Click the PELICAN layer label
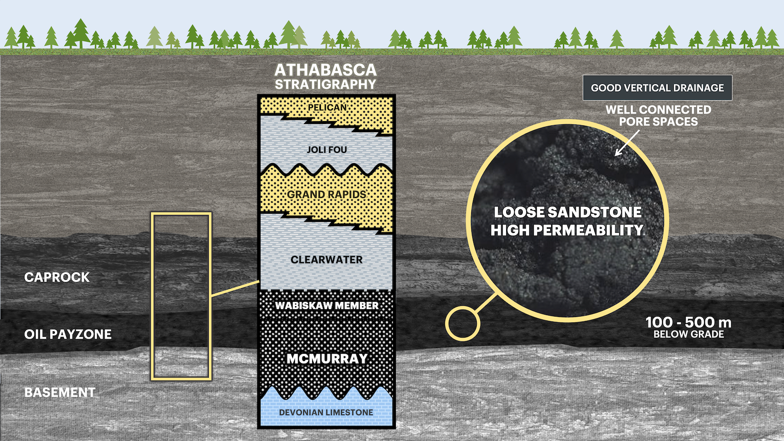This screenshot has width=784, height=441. (x=327, y=107)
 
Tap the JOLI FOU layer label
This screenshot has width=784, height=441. (x=327, y=149)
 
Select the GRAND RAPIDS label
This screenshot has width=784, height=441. (x=327, y=195)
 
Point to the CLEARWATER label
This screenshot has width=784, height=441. (x=327, y=260)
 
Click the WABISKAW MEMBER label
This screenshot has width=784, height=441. (x=327, y=306)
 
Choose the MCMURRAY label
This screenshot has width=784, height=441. (x=327, y=359)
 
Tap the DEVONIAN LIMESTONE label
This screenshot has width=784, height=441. (x=326, y=413)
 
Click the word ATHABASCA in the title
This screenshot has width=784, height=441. (x=325, y=70)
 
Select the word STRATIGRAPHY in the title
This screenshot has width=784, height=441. (x=325, y=84)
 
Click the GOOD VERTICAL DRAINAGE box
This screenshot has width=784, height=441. (x=657, y=88)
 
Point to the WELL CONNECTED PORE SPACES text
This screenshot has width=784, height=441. (x=658, y=116)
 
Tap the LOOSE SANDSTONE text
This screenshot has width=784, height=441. (x=567, y=212)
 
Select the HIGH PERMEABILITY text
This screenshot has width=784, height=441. (x=567, y=230)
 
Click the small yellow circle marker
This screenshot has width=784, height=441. (x=463, y=323)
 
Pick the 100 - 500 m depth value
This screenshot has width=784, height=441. (x=688, y=322)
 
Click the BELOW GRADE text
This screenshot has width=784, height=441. (x=688, y=335)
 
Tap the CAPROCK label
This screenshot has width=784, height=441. (x=57, y=277)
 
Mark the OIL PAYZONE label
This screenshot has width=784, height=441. (x=68, y=335)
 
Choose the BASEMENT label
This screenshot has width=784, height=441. (x=60, y=392)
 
